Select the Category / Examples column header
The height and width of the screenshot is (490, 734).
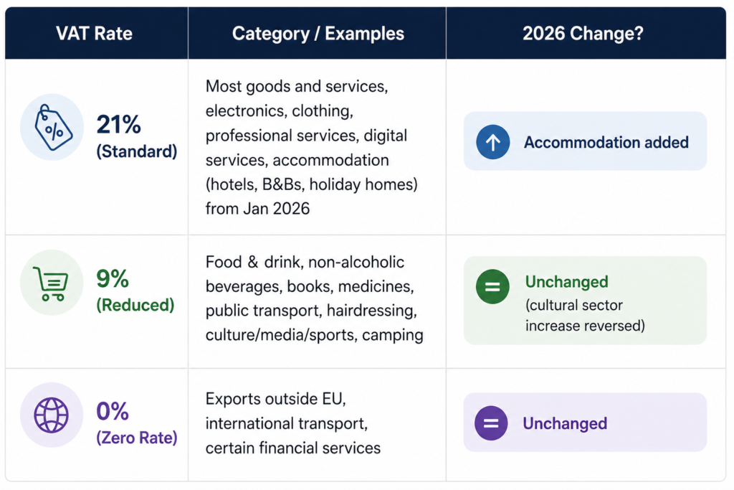point(318,34)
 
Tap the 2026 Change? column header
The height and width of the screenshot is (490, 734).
point(585,34)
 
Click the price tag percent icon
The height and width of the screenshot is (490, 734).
point(52,126)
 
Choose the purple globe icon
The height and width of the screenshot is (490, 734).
point(52,415)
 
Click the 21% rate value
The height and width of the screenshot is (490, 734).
point(119,125)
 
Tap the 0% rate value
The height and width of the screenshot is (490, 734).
point(113,412)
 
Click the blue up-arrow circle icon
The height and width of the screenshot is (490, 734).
point(492,142)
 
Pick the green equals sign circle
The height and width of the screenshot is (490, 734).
point(492,287)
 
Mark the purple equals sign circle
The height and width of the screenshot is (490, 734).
point(491,423)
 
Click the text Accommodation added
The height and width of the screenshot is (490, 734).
point(606,142)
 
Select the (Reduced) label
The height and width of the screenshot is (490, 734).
point(135,305)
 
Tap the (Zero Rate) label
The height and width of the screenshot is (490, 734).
point(136,437)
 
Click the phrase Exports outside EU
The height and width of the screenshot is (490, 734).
point(275,399)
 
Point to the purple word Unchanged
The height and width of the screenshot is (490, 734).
point(565,423)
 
